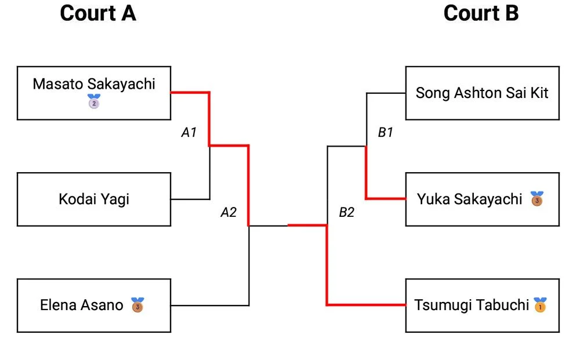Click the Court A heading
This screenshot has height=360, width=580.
pos(98,13)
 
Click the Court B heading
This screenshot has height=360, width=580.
pos(481,13)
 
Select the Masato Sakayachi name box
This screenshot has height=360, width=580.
pos(94,93)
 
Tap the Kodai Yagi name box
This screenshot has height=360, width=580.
pos(94,199)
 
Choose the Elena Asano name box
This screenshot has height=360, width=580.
pos(94,305)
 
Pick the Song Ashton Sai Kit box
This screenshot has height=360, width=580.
pos(482,93)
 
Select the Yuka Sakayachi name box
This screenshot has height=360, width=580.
pos(482,199)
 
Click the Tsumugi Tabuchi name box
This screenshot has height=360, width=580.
pos(482,305)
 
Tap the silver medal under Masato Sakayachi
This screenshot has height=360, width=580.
pos(94,103)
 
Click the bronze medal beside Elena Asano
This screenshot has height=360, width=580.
pos(137,305)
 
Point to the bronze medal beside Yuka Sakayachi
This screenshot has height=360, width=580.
pos(537,199)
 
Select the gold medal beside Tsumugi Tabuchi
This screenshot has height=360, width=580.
pos(540,305)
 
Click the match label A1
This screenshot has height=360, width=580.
pos(189,133)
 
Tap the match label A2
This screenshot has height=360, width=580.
pos(229,212)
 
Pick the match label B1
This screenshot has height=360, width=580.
pos(386,133)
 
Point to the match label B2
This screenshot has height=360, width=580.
pos(346,212)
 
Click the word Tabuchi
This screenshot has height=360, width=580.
pos(503,305)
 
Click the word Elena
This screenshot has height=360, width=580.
pos(57,305)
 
